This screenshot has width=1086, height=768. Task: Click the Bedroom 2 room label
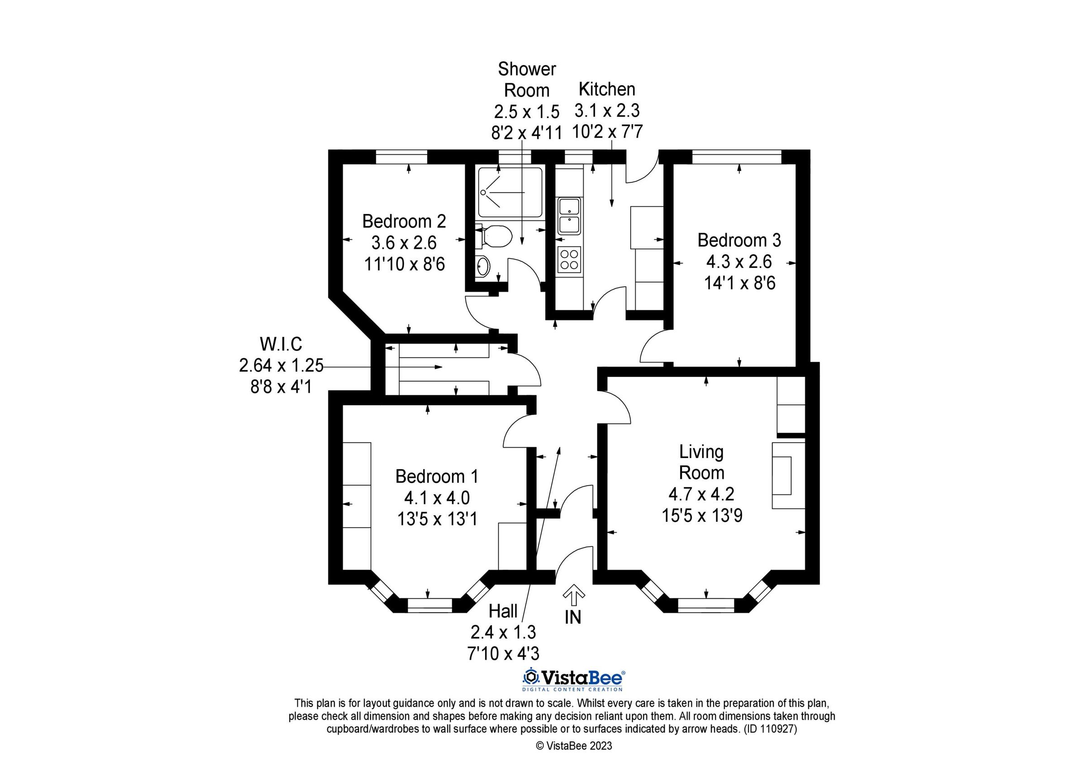tap(404, 221)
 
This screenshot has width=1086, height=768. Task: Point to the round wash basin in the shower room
tap(482, 267)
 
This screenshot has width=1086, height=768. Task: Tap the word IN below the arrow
tap(573, 617)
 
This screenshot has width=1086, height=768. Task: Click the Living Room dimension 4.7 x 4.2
tap(701, 494)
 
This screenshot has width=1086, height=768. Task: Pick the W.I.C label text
tap(281, 344)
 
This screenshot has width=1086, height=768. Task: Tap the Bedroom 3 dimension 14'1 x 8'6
tap(739, 283)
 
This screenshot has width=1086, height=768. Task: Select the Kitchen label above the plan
tap(607, 89)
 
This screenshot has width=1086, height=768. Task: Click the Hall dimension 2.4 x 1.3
tap(503, 632)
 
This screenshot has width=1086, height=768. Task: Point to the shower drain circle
tap(483, 192)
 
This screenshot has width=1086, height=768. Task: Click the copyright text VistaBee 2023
tap(573, 746)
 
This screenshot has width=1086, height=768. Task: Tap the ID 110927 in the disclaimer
tap(771, 729)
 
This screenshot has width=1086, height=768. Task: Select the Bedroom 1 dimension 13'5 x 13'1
tap(437, 519)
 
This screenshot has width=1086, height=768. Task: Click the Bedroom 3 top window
tap(737, 157)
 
